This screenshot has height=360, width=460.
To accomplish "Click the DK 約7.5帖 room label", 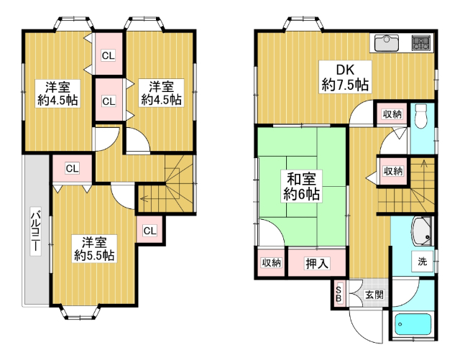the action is (x=345, y=77).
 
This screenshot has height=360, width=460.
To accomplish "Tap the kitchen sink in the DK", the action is (x=387, y=43).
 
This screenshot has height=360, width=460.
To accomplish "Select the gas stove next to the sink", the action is (x=422, y=42).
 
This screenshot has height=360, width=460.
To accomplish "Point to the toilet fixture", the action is (x=421, y=116).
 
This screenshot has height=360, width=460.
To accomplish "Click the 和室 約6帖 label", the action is (x=301, y=186).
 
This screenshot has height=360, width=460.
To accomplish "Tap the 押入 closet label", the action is (x=317, y=263).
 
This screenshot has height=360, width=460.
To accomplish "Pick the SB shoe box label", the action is (x=339, y=294).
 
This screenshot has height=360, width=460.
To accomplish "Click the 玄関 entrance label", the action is (x=374, y=295).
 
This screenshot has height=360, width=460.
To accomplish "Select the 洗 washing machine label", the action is (x=422, y=261).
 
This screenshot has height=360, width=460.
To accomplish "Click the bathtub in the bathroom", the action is (x=413, y=325).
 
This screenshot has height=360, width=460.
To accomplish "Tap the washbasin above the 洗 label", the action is (x=423, y=231).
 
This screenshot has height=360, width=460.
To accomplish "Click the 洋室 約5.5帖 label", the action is (x=94, y=249).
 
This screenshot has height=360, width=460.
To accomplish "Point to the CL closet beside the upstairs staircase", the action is (x=150, y=231).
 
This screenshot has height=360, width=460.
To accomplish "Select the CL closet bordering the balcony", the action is (x=72, y=168).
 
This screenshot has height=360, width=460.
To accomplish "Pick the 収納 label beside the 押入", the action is (x=272, y=262).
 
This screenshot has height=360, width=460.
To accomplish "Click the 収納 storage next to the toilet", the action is (x=392, y=114).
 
